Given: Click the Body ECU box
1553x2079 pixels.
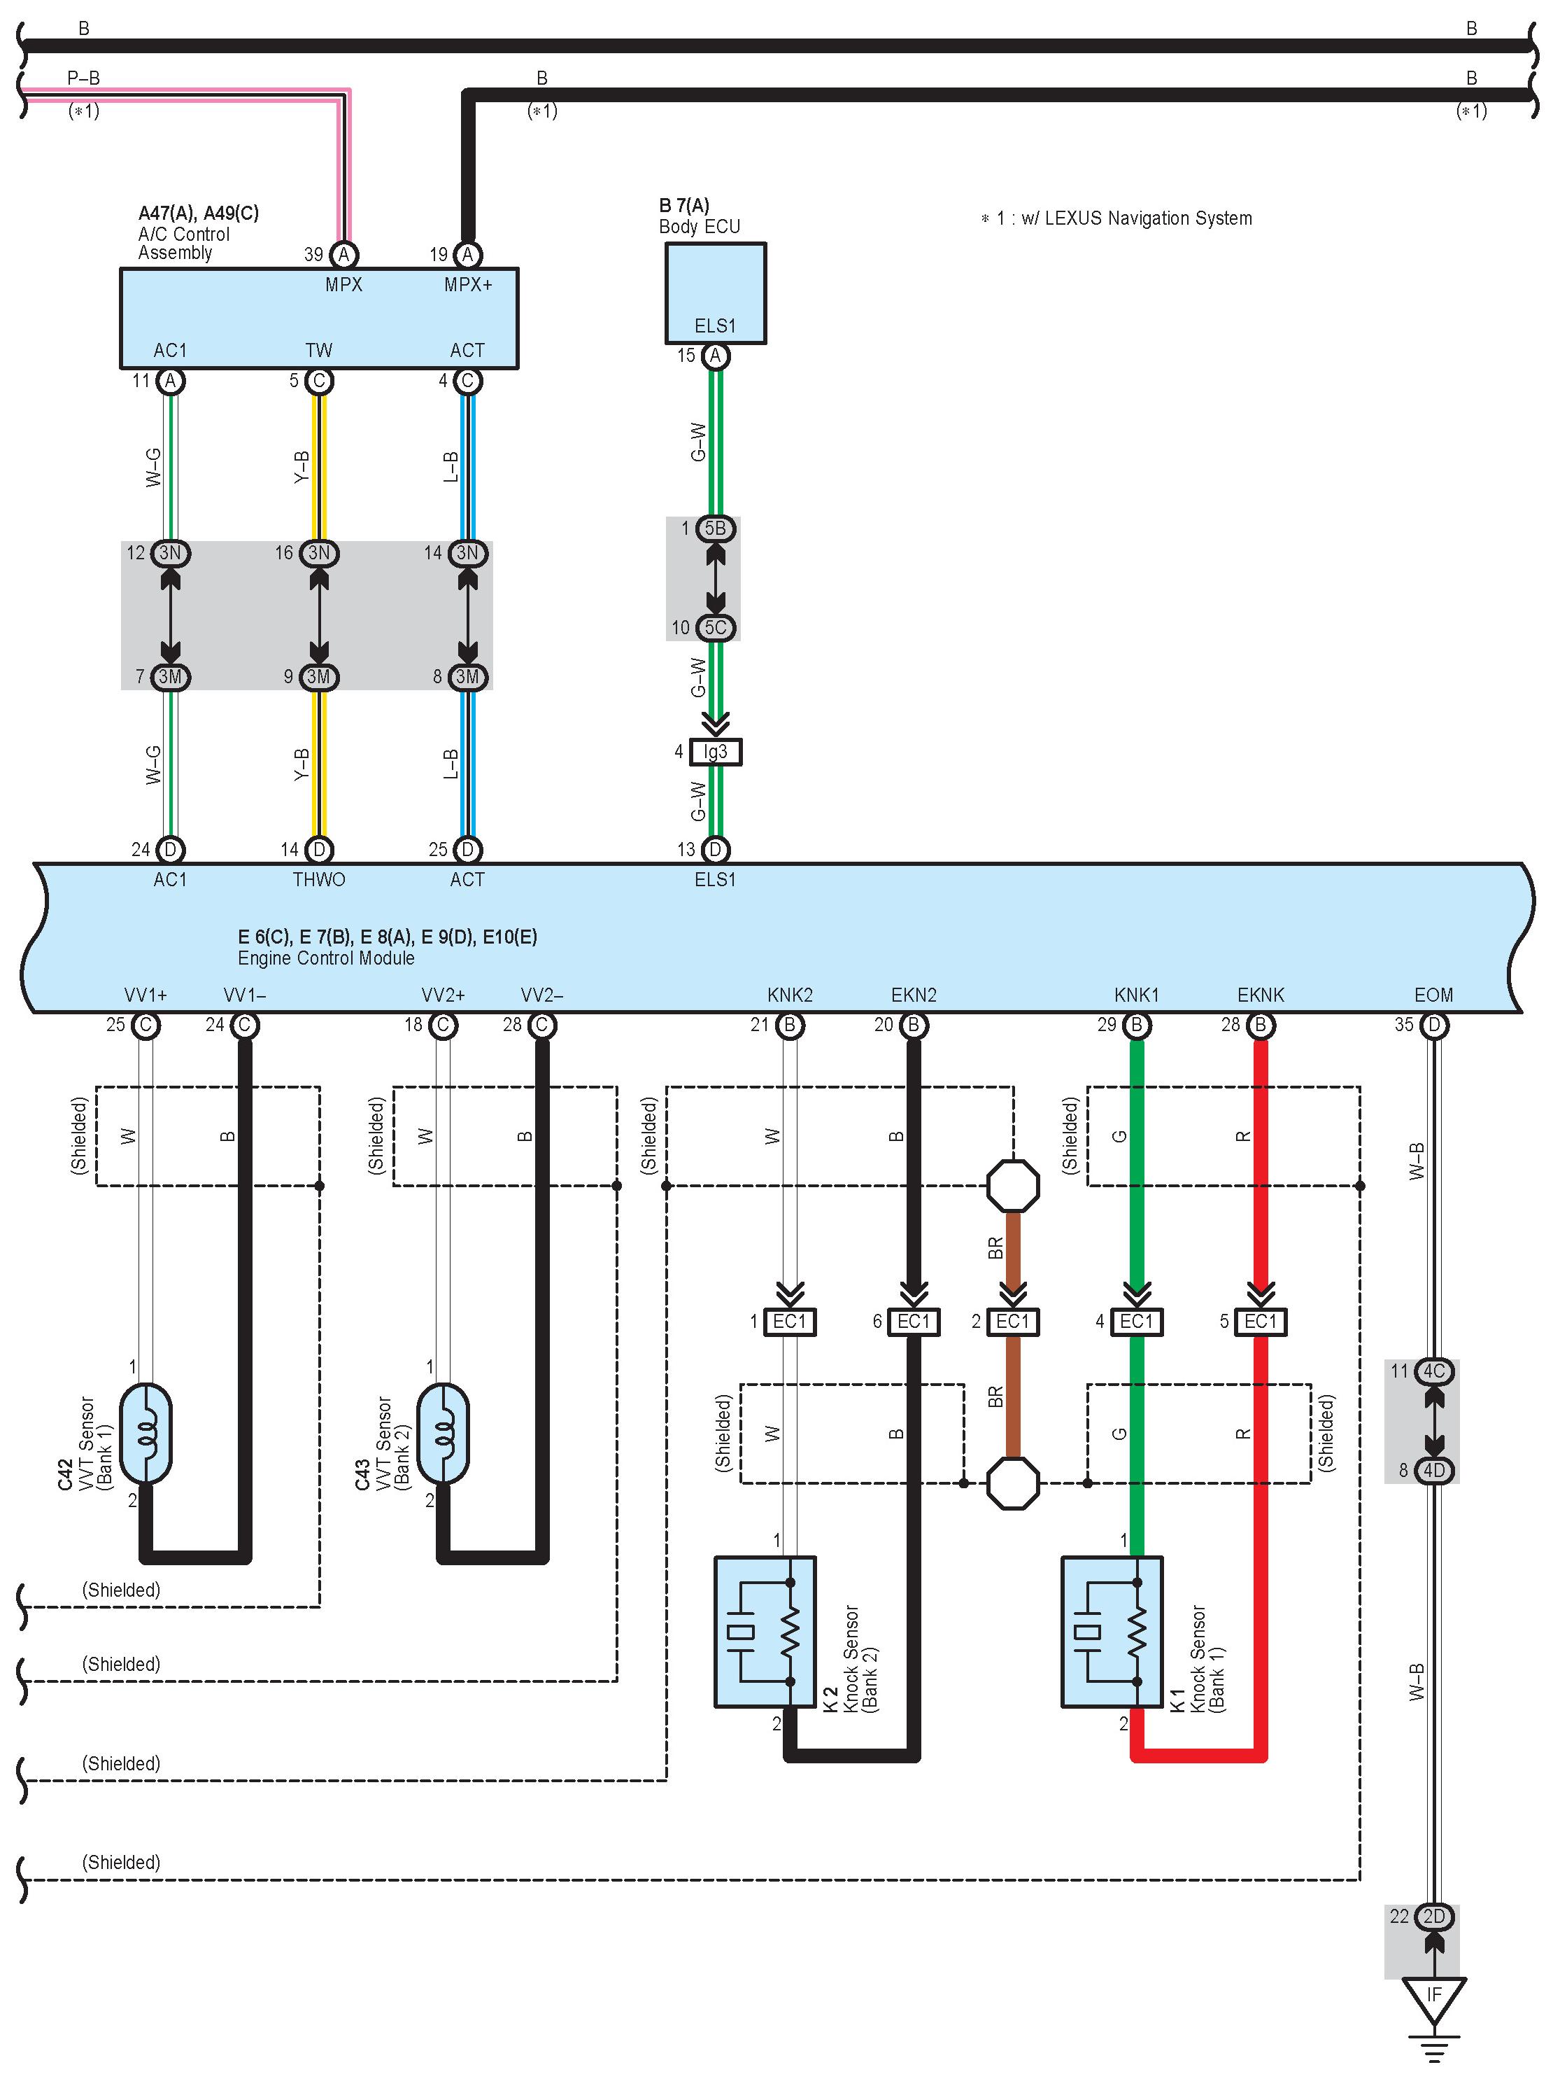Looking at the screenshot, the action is [x=715, y=293].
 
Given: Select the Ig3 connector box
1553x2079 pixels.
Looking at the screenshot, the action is [x=715, y=752].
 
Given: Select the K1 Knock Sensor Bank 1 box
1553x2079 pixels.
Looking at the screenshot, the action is [x=1112, y=1632].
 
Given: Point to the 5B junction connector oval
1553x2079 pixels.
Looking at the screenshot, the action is [x=715, y=528].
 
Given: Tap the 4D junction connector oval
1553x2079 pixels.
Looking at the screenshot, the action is [x=1433, y=1470].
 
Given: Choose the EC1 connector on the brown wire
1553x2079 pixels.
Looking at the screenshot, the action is [x=1013, y=1322].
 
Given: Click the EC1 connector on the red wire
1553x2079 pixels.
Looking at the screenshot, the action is [x=1261, y=1322].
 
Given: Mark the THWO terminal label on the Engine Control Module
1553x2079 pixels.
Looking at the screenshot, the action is [x=318, y=880].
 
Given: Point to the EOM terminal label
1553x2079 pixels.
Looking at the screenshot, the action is [x=1433, y=995].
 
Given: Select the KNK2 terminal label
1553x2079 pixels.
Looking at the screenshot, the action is [x=790, y=995].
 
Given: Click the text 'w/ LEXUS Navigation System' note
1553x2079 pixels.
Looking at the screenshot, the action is [x=1137, y=218].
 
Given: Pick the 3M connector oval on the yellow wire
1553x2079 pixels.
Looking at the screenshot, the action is [x=318, y=677].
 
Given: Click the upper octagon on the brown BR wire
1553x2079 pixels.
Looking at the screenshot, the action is [x=1013, y=1186].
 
